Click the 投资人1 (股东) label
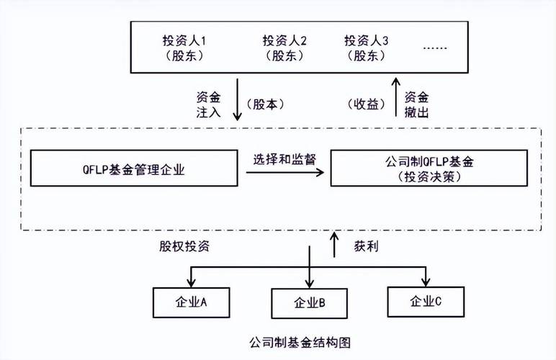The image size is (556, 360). (186, 47)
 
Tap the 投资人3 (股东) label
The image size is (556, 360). (367, 47)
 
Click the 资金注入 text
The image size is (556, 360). (207, 104)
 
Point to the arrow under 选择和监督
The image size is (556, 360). (284, 174)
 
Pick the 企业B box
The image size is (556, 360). (308, 303)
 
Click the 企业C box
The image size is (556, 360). (425, 300)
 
